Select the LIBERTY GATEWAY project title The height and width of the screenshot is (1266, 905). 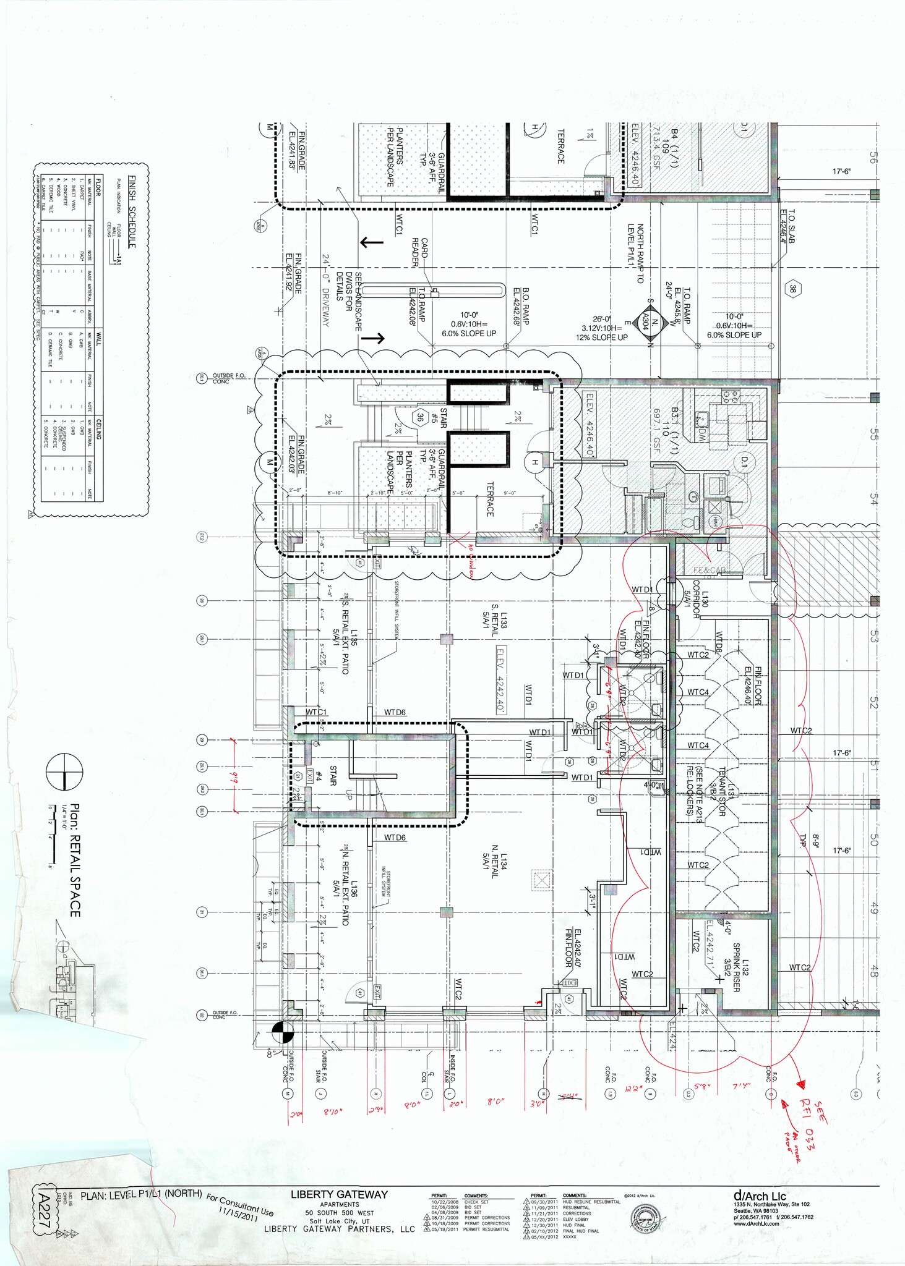(x=339, y=1195)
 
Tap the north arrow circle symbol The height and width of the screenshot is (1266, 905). (x=64, y=773)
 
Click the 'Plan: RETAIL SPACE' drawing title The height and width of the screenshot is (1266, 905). (x=74, y=860)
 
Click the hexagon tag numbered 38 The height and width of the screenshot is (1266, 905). (x=792, y=289)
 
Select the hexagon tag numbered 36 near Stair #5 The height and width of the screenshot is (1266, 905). (x=421, y=417)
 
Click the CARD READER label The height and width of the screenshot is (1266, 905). (x=420, y=252)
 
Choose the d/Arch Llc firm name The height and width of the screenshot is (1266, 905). (x=759, y=1196)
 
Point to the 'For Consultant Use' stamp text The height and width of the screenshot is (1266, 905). (x=240, y=1205)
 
